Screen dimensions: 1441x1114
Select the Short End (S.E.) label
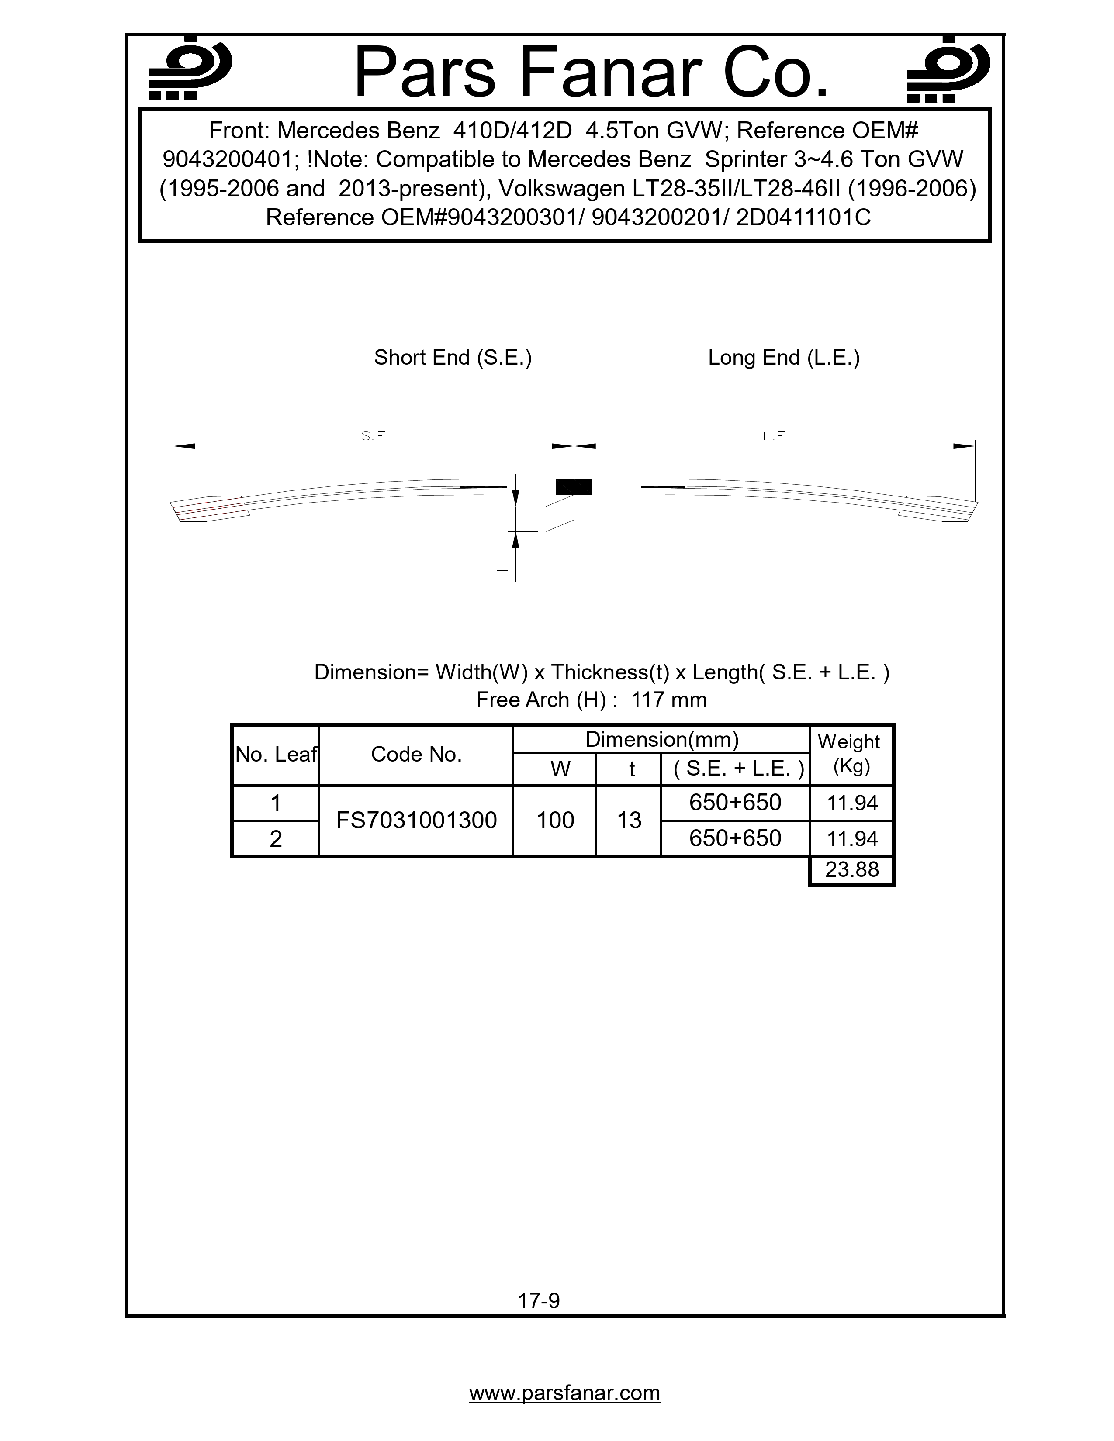point(453,358)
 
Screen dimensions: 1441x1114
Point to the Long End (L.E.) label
point(783,358)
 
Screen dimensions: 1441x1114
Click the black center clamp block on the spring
point(574,487)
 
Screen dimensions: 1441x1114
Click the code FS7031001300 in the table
point(416,820)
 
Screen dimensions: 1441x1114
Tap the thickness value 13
point(629,820)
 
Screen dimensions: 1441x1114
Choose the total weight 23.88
point(852,869)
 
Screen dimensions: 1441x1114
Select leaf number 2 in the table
point(276,838)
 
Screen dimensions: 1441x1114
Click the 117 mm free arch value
point(668,700)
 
